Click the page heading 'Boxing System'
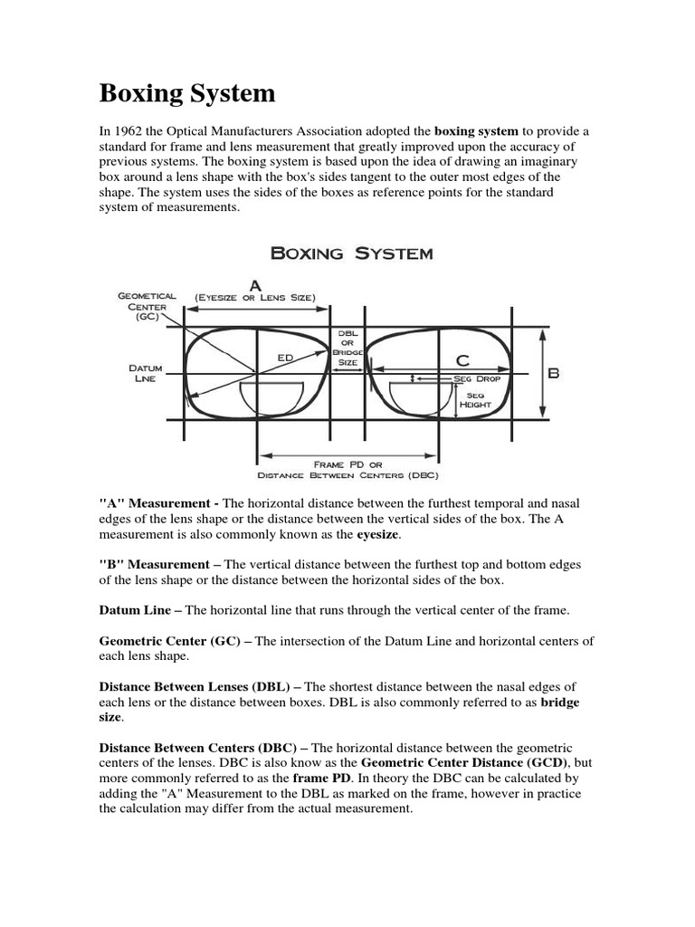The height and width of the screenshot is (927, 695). [187, 93]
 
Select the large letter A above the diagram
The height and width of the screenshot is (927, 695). [256, 283]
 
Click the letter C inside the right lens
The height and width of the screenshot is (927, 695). [462, 360]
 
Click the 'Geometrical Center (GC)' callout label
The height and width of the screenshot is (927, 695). [145, 307]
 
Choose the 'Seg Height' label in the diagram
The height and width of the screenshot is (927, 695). [475, 400]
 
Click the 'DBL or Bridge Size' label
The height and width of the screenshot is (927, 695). [347, 347]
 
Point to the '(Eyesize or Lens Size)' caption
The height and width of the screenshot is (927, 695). [254, 296]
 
